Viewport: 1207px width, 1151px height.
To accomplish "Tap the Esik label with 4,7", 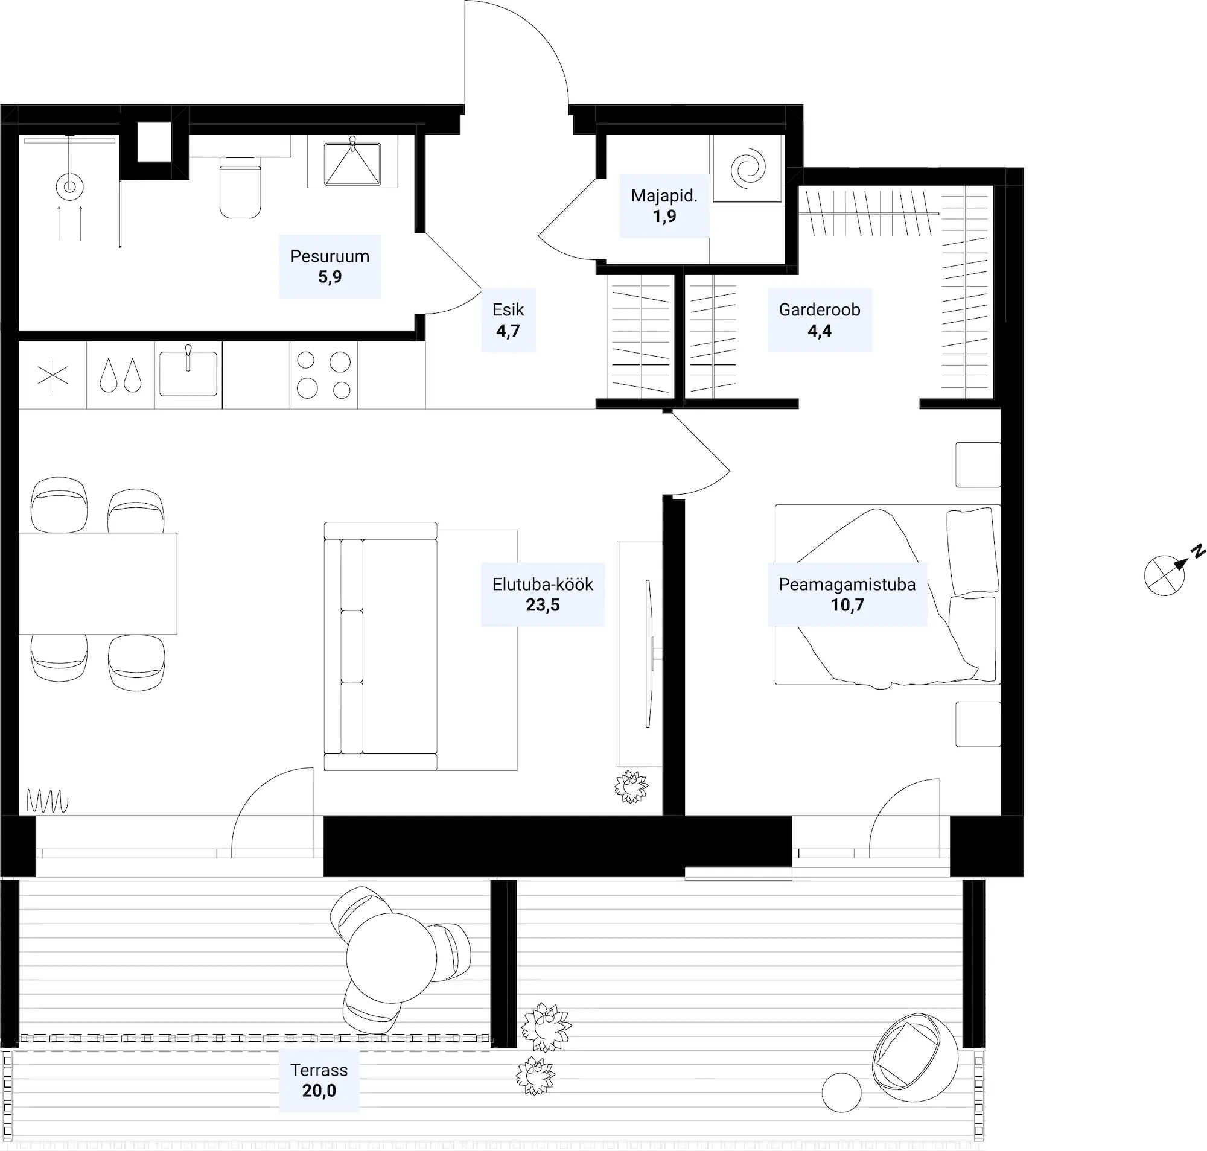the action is pyautogui.click(x=508, y=320).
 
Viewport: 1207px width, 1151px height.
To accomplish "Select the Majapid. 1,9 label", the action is pyautogui.click(x=664, y=206).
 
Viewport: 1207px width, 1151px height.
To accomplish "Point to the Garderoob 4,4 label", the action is pyautogui.click(x=820, y=320).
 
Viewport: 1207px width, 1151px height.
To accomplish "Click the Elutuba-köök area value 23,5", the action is pyautogui.click(x=543, y=605).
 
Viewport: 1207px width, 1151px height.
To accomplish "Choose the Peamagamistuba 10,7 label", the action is pyautogui.click(x=847, y=595).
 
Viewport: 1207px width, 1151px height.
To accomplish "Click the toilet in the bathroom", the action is pyautogui.click(x=240, y=187).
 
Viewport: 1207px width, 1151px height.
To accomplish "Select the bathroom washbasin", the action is pyautogui.click(x=352, y=161).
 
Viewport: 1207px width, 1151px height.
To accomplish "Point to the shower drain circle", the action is pyautogui.click(x=69, y=185).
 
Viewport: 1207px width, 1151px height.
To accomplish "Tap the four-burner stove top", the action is pyautogui.click(x=323, y=375).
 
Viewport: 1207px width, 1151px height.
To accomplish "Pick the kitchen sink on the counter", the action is pyautogui.click(x=188, y=373).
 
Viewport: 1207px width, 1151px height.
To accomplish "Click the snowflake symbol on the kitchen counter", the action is pyautogui.click(x=53, y=375).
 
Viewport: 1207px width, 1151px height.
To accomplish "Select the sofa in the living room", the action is pyautogui.click(x=381, y=646).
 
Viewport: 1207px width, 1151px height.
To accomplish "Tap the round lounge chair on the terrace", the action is pyautogui.click(x=914, y=1057).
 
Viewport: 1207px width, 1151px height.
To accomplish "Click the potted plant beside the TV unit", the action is pyautogui.click(x=631, y=787).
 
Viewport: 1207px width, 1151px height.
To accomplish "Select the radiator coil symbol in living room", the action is pyautogui.click(x=47, y=801).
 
